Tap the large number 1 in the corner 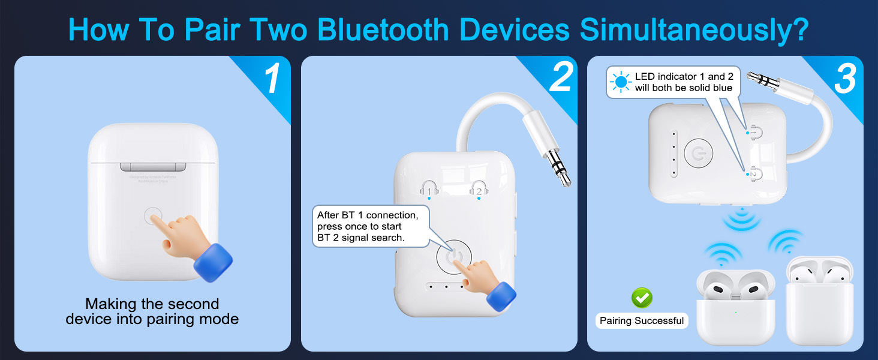tap(273, 78)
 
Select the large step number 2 tap(560, 78)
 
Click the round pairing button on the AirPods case tap(153, 217)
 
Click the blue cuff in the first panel tap(213, 262)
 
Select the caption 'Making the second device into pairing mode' tap(152, 311)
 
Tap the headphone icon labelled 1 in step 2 tap(429, 189)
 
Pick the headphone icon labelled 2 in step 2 tap(478, 189)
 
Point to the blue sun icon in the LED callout tap(621, 82)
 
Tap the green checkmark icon tap(642, 298)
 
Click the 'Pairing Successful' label tap(642, 321)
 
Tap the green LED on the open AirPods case tap(735, 311)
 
